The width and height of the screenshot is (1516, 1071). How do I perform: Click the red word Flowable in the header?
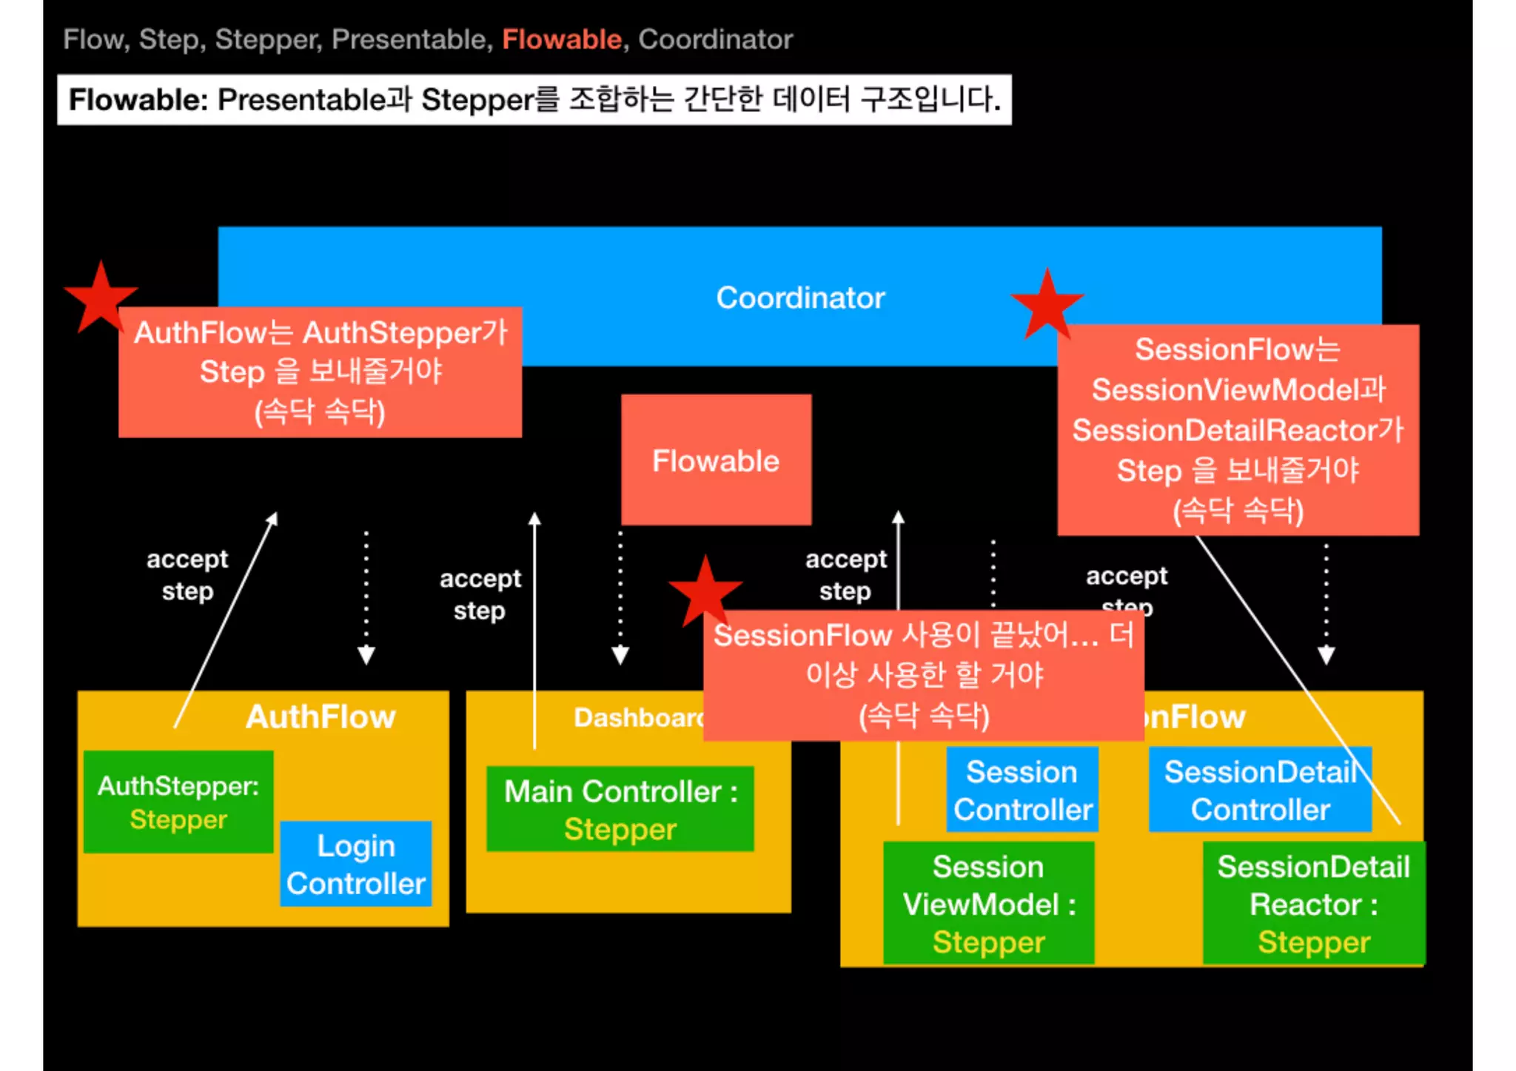(562, 39)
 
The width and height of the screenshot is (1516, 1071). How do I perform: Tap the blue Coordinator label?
(800, 298)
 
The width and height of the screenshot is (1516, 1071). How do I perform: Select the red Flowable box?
(716, 460)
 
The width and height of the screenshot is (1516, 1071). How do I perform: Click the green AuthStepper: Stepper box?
(178, 802)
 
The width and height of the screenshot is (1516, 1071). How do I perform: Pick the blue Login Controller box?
(356, 864)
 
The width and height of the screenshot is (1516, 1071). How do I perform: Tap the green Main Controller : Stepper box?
(620, 809)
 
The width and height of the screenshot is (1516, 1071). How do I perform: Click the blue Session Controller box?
(1022, 790)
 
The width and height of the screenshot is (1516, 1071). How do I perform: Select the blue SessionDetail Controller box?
(1260, 790)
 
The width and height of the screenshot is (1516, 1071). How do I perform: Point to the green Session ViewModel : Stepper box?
(988, 903)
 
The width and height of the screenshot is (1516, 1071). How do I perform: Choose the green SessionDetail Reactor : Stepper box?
(1313, 903)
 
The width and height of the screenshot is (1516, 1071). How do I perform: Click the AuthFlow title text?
(321, 716)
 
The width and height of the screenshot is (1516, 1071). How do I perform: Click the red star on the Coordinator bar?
(1047, 305)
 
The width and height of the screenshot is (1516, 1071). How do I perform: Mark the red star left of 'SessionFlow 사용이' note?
(705, 591)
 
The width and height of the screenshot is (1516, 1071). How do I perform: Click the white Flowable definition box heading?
(534, 99)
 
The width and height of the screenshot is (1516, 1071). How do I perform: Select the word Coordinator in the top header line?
(715, 39)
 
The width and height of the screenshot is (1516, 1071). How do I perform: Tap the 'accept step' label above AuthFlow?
(187, 575)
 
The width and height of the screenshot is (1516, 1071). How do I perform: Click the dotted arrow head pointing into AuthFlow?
(366, 655)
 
